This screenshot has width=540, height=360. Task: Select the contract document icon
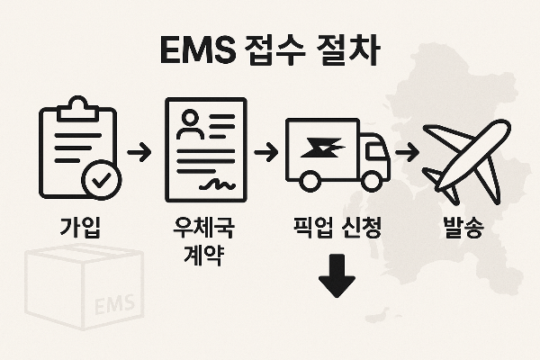pyautogui.click(x=203, y=149)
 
